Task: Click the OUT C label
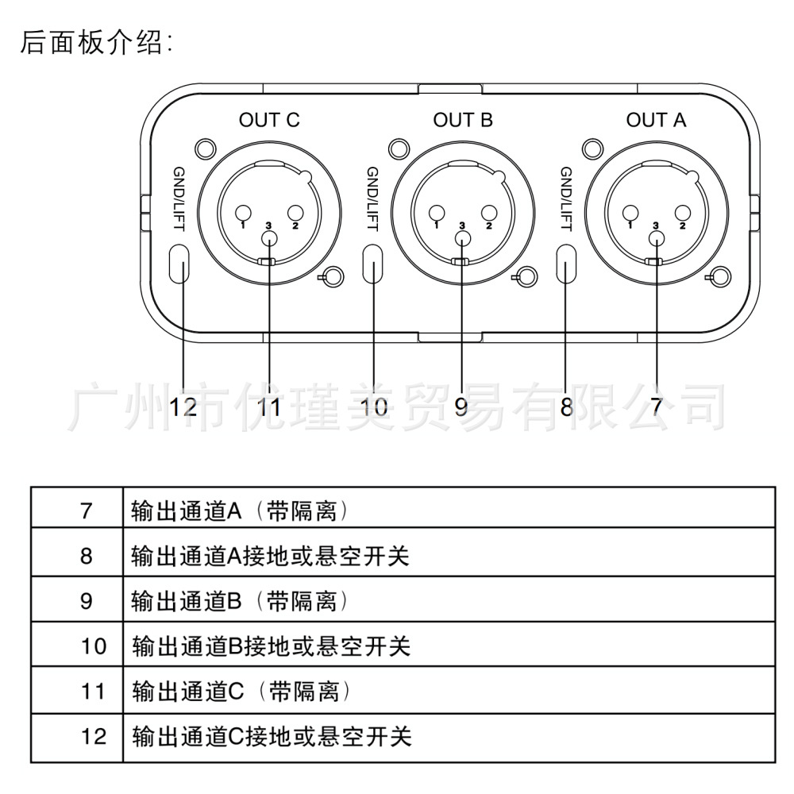coord(269,120)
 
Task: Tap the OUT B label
coord(463,120)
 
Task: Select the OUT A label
coord(657,120)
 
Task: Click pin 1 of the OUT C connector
coord(243,212)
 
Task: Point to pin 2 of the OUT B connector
coord(488,212)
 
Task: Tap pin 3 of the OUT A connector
coord(657,237)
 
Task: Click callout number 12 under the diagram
coord(183,407)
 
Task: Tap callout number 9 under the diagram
coord(461,407)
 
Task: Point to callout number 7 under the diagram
coord(657,407)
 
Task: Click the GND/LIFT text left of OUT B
coord(372,199)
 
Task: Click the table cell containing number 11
coord(77,691)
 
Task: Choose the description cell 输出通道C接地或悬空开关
coord(449,738)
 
